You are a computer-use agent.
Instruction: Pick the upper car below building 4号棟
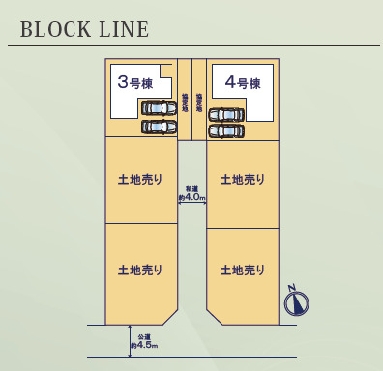227,115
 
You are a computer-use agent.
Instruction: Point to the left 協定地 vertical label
185,102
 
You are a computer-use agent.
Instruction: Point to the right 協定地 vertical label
198,102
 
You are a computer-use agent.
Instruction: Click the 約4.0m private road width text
191,197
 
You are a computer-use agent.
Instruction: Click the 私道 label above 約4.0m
192,188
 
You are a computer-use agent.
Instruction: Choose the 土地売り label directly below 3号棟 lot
140,179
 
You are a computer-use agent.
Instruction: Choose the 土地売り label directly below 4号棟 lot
242,179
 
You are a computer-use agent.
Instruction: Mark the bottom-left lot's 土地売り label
140,270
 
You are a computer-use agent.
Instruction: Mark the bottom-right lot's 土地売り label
242,270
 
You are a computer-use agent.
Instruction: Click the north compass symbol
296,302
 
